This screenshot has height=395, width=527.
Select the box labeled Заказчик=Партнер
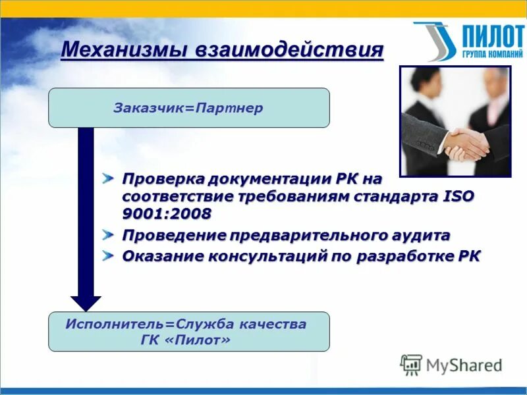(x=188, y=107)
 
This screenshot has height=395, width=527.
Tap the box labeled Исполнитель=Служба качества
(x=188, y=331)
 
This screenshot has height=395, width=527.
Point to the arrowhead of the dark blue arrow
(x=86, y=303)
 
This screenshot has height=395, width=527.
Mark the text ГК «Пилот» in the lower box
(x=188, y=340)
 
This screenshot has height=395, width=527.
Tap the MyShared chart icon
(x=412, y=364)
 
